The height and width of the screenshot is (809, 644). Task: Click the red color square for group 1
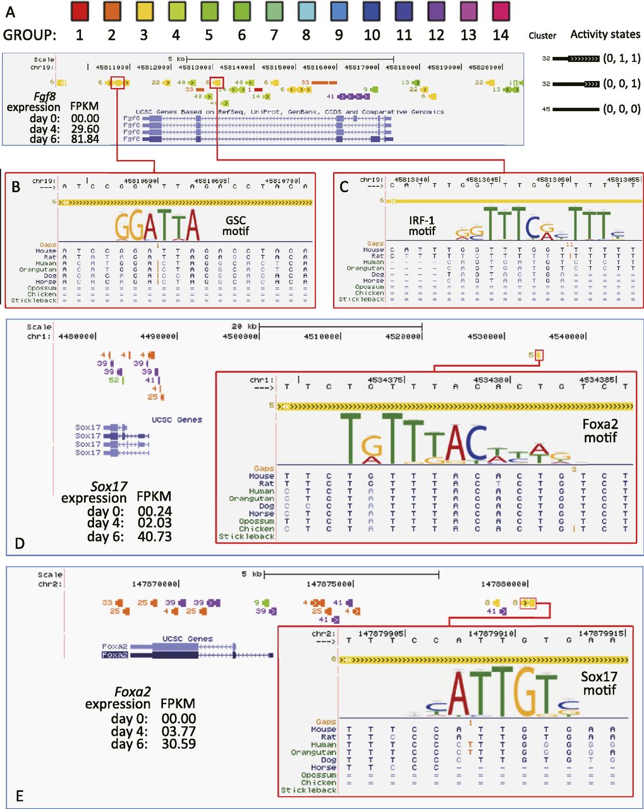[79, 11]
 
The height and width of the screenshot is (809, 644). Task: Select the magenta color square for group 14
[501, 11]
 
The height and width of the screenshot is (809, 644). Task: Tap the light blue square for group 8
[306, 11]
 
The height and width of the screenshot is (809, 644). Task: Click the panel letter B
[16, 186]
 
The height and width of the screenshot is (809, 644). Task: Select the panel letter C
[344, 186]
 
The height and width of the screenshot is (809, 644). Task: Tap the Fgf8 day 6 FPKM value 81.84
[85, 139]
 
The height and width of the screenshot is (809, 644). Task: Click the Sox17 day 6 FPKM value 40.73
[155, 537]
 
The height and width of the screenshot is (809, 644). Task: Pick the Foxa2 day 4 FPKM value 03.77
[179, 731]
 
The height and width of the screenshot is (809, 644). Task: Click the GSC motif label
[235, 226]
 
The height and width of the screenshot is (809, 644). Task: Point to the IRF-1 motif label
[422, 226]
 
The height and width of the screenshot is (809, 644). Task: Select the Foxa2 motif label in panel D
[600, 431]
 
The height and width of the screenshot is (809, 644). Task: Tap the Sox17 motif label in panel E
[598, 683]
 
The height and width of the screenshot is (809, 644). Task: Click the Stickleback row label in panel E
[308, 790]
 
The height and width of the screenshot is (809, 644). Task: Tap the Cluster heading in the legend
[542, 36]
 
